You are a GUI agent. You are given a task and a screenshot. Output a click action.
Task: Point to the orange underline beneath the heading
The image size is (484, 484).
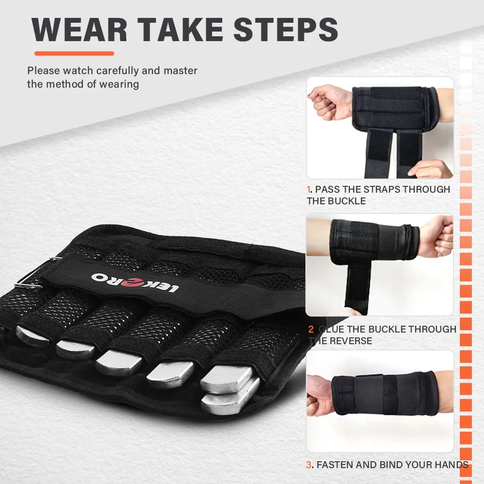[x=74, y=53]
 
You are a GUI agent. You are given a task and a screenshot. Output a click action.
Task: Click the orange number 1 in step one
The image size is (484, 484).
[x=308, y=189]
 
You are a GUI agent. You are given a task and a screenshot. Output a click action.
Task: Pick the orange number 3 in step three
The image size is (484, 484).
[x=309, y=465]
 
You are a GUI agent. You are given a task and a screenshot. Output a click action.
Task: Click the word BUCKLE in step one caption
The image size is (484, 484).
[x=348, y=200]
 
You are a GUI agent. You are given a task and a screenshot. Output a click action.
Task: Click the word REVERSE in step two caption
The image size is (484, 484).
[x=351, y=341]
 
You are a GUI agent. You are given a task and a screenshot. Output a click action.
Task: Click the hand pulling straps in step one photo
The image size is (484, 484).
[x=428, y=169]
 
